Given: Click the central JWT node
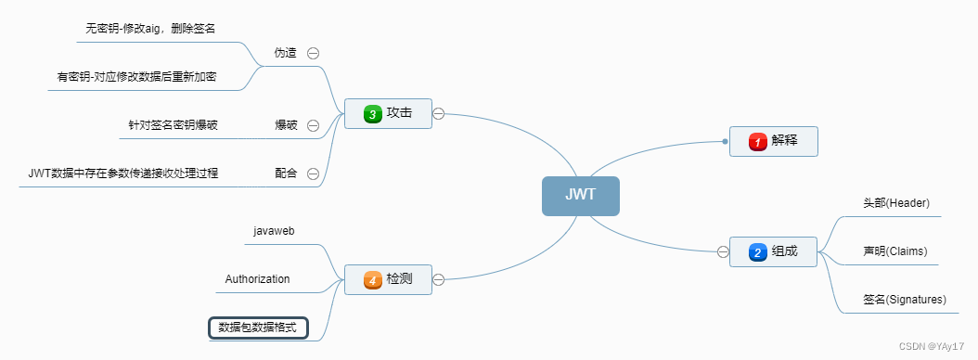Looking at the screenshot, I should click(x=580, y=196).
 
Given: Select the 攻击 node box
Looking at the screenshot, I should click(x=388, y=114).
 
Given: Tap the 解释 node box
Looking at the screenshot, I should click(x=773, y=141).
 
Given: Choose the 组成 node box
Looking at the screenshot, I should click(x=773, y=251).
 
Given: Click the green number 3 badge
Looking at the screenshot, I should click(x=373, y=114).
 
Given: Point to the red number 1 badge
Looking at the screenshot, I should click(x=757, y=141).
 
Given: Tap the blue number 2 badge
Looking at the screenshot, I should click(x=757, y=251).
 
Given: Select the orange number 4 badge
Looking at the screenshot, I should click(x=373, y=278).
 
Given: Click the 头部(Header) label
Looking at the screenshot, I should click(x=895, y=202).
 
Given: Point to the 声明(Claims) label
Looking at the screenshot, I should click(x=894, y=251).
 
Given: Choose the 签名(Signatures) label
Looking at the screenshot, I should click(x=904, y=300).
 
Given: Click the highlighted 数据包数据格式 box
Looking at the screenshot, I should click(x=258, y=328).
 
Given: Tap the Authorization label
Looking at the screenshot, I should click(x=257, y=279).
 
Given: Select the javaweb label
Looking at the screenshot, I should click(x=274, y=230).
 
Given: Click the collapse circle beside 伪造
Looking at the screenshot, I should click(x=313, y=54).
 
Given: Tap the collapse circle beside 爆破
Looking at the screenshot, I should click(x=313, y=125).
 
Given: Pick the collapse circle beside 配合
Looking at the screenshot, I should click(x=313, y=174).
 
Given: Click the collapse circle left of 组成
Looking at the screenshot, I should click(x=723, y=251).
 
